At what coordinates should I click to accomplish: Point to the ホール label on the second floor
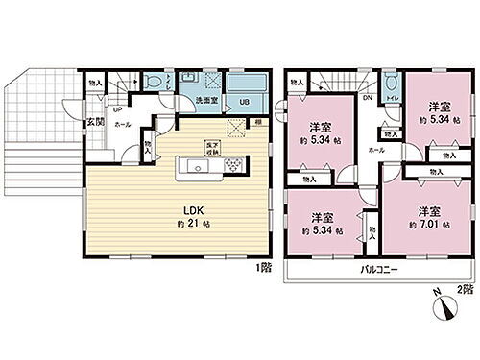(x=375, y=150)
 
